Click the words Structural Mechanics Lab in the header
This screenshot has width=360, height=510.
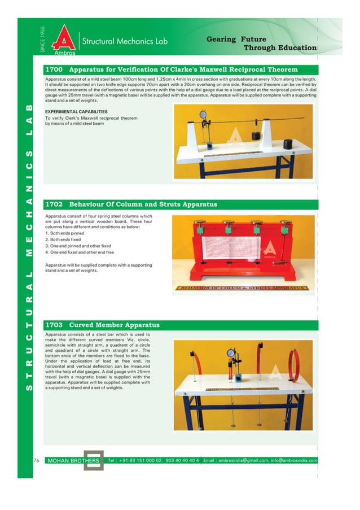[x=125, y=41]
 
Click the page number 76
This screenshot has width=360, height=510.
[x=36, y=460]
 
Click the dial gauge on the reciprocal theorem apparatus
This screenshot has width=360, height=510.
[x=203, y=113]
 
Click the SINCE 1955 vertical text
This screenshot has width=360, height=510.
[x=43, y=40]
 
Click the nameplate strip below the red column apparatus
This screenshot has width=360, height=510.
[x=241, y=287]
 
